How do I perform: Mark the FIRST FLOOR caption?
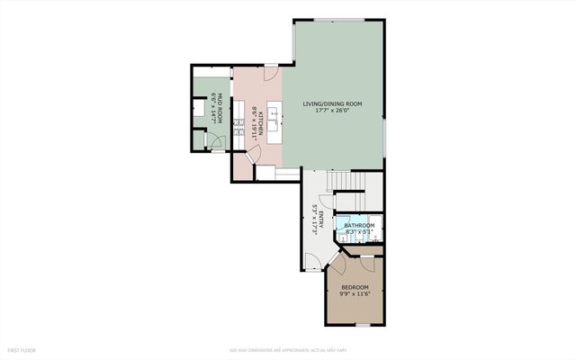coord(23,348)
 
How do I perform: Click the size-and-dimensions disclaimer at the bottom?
coord(287,349)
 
